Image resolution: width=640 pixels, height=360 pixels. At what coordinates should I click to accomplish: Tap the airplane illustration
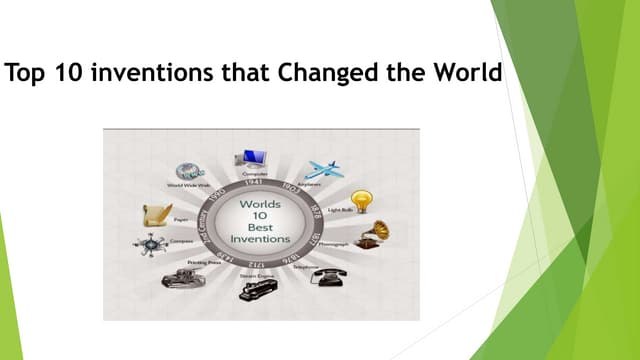click(325, 169)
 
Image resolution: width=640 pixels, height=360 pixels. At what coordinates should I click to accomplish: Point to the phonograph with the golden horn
click(372, 235)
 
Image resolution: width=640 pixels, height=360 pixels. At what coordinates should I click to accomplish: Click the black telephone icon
click(326, 277)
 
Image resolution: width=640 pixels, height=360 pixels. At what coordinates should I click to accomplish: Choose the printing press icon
click(181, 277)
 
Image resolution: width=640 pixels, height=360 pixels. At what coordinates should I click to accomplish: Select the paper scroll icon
click(157, 212)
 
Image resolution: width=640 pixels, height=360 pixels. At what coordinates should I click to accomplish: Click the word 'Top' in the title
click(27, 74)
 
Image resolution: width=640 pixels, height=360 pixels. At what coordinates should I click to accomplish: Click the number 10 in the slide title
click(62, 74)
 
